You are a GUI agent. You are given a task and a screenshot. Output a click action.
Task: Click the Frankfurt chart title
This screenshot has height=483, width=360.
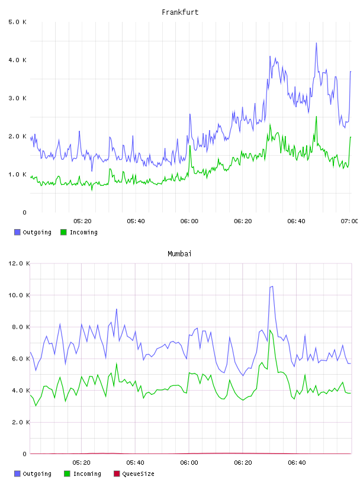180,12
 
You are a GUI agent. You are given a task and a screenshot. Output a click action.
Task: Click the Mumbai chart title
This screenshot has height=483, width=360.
179,254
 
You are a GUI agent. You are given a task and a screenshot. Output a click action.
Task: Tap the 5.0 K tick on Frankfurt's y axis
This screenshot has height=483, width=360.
18,22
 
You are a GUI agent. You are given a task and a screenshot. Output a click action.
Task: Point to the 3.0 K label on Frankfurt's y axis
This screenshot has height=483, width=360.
18,98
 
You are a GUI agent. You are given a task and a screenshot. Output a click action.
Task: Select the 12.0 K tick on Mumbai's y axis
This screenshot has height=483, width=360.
19,263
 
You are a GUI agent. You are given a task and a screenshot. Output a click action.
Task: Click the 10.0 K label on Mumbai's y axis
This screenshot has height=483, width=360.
19,295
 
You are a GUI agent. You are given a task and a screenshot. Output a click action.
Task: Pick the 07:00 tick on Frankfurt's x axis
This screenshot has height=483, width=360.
349,221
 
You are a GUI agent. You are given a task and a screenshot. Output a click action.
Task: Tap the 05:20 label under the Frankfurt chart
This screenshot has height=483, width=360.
83,221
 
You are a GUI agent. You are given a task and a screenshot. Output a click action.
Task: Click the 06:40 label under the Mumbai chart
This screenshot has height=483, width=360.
297,463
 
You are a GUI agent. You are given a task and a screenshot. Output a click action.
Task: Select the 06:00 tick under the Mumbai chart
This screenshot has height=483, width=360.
189,463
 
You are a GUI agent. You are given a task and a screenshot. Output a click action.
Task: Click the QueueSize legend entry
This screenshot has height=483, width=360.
134,474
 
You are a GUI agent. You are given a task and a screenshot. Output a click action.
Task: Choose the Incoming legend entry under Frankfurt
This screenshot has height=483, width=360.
79,232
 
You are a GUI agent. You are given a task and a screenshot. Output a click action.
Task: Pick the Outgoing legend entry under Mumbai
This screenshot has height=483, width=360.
33,474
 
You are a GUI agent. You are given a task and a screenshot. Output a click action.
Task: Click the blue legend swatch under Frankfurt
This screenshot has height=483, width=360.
17,232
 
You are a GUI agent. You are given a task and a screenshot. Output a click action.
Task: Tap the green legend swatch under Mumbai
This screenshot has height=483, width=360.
67,474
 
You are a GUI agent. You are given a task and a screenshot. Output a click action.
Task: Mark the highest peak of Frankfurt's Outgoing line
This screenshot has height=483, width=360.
316,43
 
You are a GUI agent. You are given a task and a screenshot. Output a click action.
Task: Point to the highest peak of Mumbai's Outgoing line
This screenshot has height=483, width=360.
272,286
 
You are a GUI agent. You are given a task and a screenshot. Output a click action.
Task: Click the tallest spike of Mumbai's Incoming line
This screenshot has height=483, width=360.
270,330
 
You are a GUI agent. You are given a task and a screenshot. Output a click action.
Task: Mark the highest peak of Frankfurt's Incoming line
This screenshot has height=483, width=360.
316,117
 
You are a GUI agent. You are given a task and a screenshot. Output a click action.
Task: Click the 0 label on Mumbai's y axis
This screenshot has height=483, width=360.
25,454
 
